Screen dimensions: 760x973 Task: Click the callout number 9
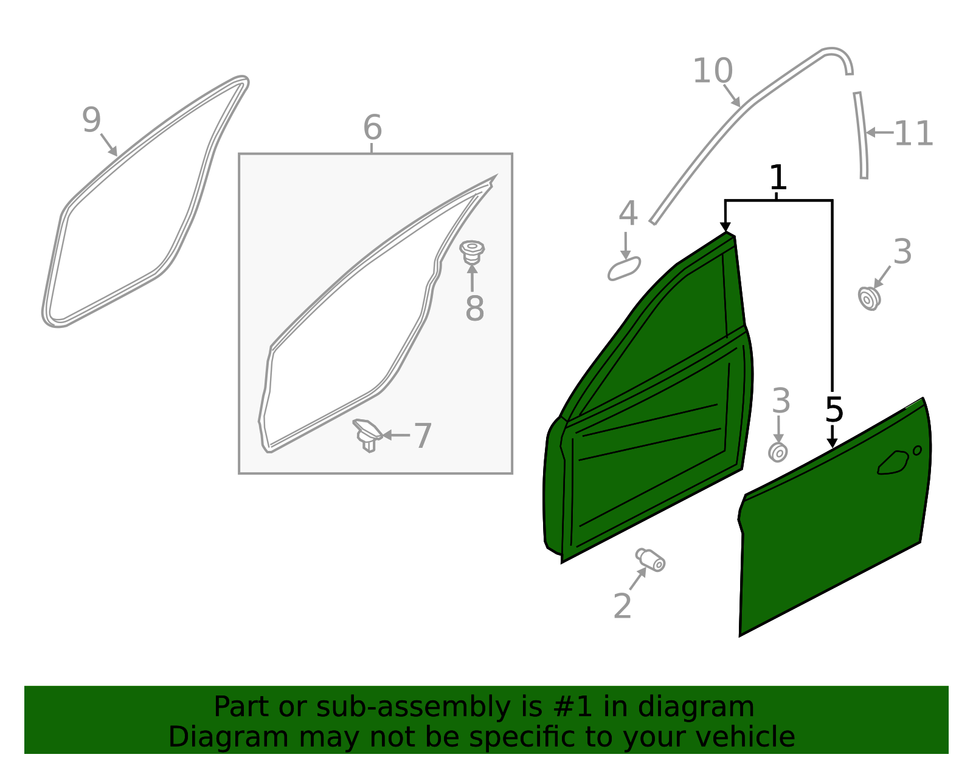point(91,120)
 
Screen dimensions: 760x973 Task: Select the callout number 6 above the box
point(372,128)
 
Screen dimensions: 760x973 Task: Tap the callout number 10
point(712,71)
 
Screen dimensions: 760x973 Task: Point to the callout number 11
point(913,134)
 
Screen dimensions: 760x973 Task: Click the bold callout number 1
point(778,178)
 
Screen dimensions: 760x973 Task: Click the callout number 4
point(628,214)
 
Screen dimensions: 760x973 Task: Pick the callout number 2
point(622,606)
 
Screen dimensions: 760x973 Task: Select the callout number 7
point(422,436)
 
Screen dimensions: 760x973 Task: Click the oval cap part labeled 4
point(624,269)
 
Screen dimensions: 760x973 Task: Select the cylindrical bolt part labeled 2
point(651,559)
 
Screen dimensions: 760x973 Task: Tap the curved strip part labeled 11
point(860,135)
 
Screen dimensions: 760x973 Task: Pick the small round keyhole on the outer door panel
point(917,450)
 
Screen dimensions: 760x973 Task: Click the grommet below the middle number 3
point(778,452)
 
